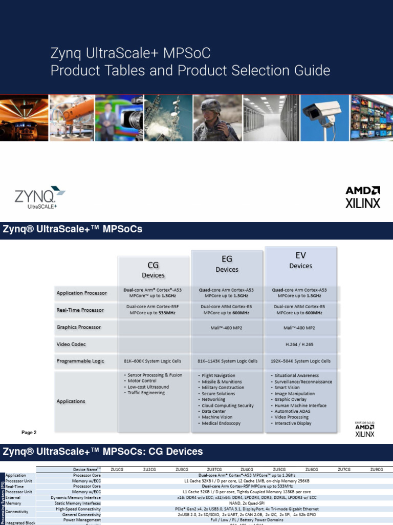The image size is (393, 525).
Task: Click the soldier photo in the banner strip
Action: [216, 118]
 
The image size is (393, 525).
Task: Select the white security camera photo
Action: [321, 118]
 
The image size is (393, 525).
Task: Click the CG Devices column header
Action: [153, 270]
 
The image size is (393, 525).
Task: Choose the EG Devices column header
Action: [227, 264]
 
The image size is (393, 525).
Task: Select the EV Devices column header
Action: [300, 260]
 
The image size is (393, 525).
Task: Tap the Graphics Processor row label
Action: [78, 327]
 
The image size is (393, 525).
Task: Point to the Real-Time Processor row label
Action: [80, 310]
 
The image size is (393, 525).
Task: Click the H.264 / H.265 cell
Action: [300, 344]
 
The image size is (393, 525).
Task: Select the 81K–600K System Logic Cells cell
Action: [153, 361]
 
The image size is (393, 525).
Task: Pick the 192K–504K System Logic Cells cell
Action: [300, 361]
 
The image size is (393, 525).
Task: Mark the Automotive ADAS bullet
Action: [294, 411]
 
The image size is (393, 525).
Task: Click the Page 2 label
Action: [29, 432]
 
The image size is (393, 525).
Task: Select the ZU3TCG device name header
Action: [214, 469]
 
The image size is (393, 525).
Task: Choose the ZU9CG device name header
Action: [376, 469]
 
